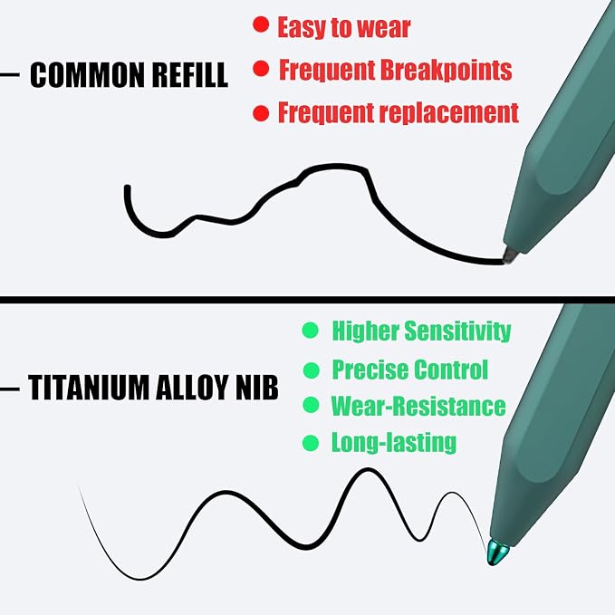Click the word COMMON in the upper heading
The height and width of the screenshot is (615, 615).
click(88, 74)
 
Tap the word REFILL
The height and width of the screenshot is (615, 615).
click(190, 74)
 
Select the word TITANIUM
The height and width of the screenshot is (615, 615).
click(88, 387)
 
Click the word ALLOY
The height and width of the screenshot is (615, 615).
click(190, 387)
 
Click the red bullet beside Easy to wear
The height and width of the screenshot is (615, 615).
click(261, 24)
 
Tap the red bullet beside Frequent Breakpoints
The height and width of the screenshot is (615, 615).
click(261, 69)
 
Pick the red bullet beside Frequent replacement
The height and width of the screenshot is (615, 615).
click(261, 113)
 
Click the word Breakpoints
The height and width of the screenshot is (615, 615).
click(446, 71)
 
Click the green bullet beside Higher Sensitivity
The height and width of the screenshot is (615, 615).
click(311, 331)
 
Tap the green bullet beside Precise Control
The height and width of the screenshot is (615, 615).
click(312, 370)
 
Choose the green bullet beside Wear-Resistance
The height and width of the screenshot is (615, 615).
click(311, 405)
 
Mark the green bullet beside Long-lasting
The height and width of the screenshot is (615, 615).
click(311, 443)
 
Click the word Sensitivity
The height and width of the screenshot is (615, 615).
click(457, 332)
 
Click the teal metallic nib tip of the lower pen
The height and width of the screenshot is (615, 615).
click(497, 552)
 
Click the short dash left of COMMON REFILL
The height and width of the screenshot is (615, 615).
click(10, 74)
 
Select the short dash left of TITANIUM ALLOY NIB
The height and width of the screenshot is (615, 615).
click(10, 389)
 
